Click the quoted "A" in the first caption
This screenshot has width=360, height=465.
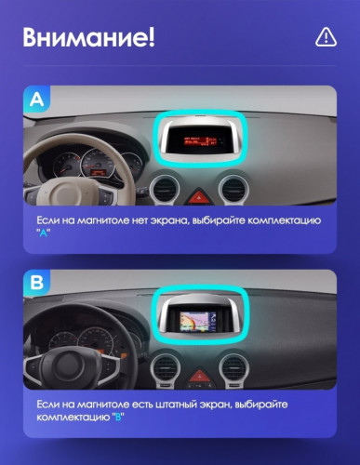point(43,232)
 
